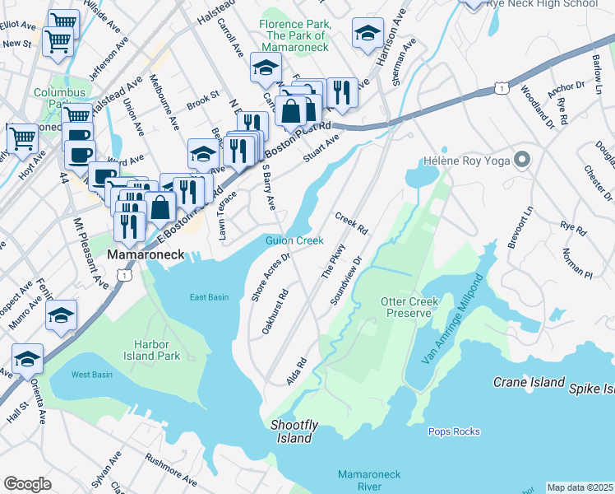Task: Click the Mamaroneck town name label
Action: [x=146, y=256]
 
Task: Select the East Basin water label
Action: [x=208, y=297]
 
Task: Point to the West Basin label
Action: [x=91, y=375]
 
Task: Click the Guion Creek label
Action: [x=294, y=240]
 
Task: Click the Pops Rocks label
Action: [x=454, y=431]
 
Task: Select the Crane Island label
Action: [x=529, y=382]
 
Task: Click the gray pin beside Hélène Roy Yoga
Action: [x=520, y=160]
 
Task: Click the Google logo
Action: [x=27, y=484]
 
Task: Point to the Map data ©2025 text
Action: [x=580, y=487]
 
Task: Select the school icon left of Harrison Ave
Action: [x=368, y=33]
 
